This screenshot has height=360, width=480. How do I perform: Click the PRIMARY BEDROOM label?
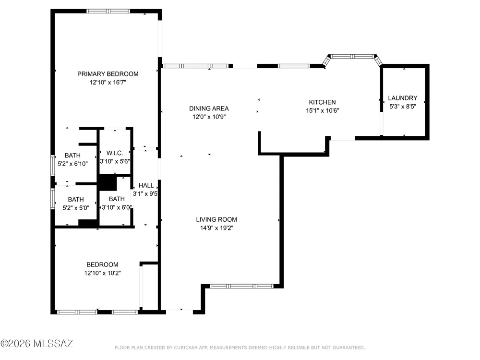(x=108, y=74)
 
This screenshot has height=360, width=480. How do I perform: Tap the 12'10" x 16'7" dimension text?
(x=108, y=83)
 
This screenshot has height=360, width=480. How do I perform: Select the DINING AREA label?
(x=209, y=108)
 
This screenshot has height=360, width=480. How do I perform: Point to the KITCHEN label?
(x=322, y=102)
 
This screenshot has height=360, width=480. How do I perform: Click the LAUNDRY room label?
(x=403, y=98)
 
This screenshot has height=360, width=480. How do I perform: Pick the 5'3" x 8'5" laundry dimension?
(x=403, y=107)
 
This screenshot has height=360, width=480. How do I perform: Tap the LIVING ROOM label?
(x=216, y=219)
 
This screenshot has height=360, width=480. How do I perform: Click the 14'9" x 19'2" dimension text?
(x=216, y=228)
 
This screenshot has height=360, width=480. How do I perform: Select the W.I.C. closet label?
(x=115, y=153)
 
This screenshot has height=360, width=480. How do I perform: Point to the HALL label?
(x=146, y=185)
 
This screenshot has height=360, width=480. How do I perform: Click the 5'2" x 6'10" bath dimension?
(x=72, y=164)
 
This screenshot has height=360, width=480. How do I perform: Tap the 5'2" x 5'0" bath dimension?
(x=76, y=208)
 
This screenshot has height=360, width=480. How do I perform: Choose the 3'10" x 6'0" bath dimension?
(x=117, y=207)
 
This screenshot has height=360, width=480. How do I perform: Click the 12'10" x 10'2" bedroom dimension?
(x=103, y=273)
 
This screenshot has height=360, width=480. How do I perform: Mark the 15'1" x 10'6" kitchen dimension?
(x=323, y=110)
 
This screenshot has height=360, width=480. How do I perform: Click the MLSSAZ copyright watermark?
(x=36, y=344)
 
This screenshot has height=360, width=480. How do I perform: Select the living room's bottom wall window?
(x=241, y=286)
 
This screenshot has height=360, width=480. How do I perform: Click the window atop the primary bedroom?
(x=108, y=12)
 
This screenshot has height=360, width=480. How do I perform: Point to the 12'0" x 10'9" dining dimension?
(x=209, y=117)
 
